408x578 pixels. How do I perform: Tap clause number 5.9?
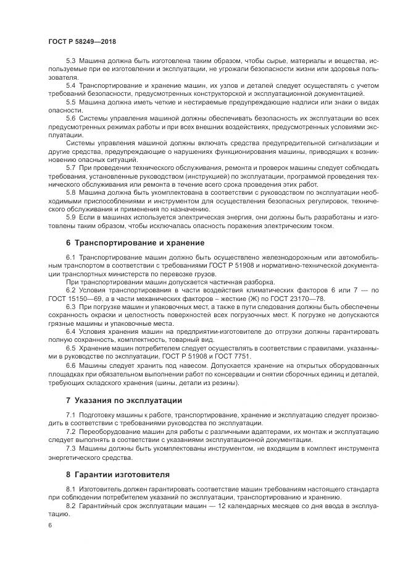pos(70,217)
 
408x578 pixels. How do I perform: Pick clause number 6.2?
pos(70,289)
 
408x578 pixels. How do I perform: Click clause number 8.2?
pos(70,507)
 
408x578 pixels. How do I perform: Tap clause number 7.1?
pos(70,414)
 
